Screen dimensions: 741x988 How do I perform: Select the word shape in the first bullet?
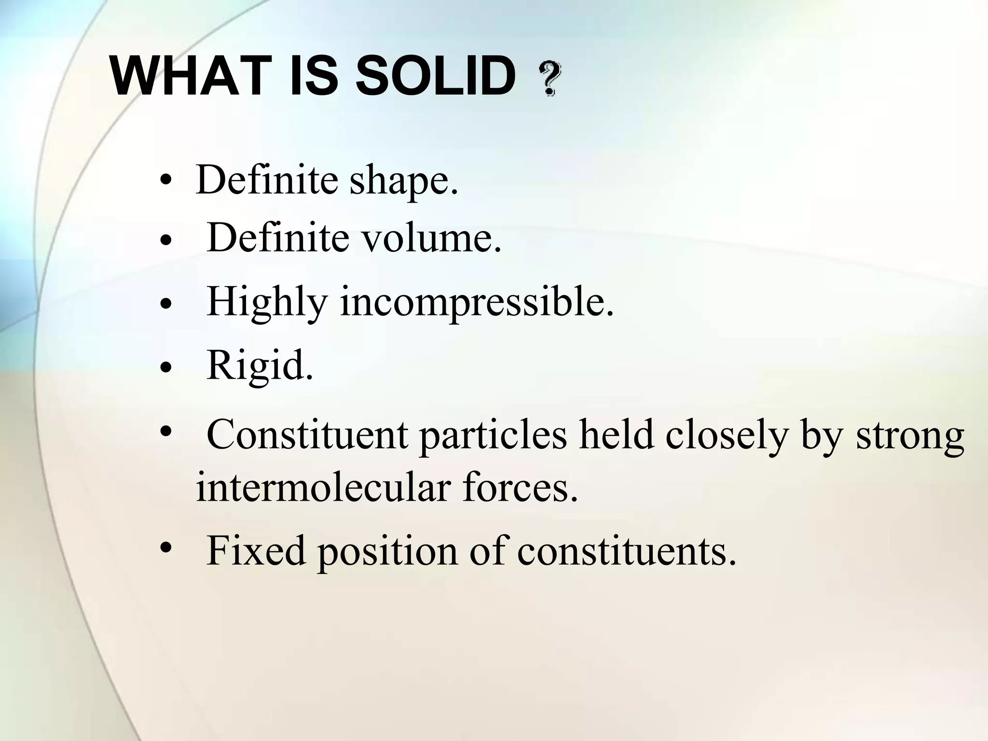coord(403,181)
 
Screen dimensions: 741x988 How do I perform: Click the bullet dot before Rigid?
coord(166,368)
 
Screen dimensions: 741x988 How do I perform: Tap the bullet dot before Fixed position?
coord(166,548)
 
